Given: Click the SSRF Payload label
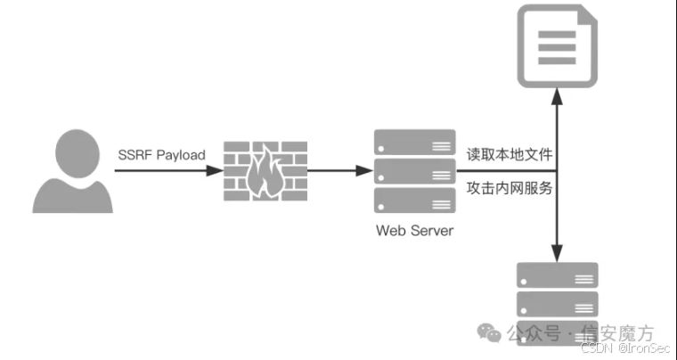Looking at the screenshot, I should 161,155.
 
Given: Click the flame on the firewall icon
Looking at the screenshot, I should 265,173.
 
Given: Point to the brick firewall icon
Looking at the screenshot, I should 265,169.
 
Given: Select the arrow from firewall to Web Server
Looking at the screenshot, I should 338,169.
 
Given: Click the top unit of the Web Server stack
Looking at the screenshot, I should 413,141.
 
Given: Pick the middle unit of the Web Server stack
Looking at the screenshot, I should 413,170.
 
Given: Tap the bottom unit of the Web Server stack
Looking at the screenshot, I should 413,199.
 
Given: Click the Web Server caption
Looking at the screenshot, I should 414,231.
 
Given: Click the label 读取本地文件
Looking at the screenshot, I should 510,153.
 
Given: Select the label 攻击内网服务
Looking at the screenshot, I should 510,188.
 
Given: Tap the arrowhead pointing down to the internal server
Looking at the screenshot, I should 558,250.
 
